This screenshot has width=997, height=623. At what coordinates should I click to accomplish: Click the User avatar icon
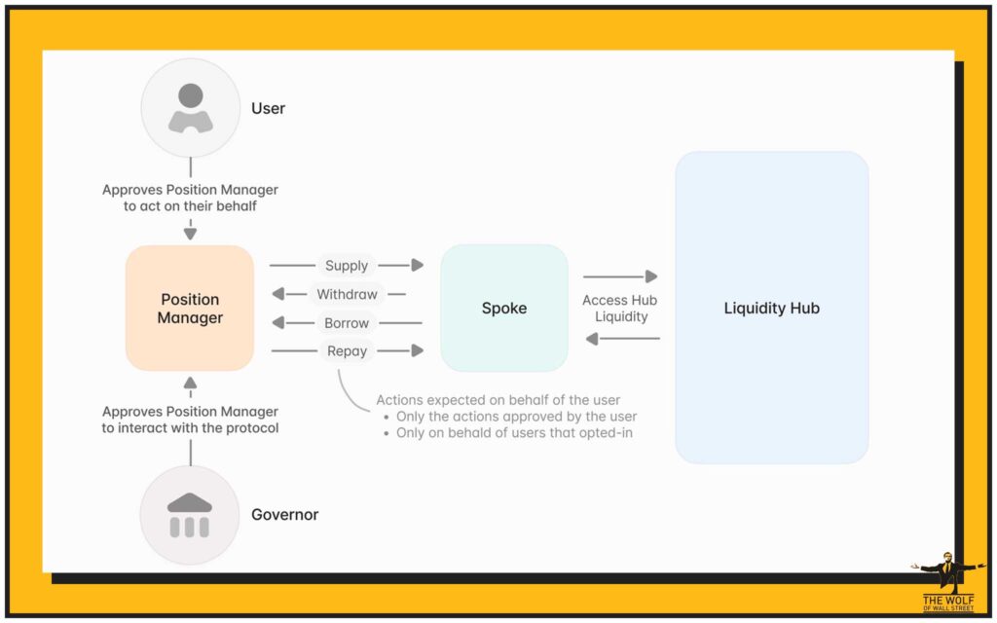(191, 108)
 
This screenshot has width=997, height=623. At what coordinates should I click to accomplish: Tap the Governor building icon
(190, 515)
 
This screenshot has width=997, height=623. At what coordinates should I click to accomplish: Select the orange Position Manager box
(190, 309)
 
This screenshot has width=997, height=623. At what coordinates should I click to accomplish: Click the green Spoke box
(504, 309)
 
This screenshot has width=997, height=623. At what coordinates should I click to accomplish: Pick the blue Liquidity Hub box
(771, 309)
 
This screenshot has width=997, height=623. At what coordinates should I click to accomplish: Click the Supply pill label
(347, 265)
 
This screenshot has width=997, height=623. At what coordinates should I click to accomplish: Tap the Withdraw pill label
(347, 294)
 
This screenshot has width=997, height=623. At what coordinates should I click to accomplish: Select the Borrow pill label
(347, 322)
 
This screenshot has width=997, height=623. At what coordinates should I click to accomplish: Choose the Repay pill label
(347, 350)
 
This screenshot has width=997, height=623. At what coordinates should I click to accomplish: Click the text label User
(268, 108)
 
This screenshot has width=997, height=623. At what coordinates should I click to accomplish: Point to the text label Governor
(284, 515)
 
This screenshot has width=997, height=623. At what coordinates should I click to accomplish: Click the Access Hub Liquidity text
(621, 309)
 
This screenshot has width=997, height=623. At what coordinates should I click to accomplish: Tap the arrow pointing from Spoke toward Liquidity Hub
(621, 277)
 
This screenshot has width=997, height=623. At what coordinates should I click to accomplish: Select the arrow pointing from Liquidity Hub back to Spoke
(621, 339)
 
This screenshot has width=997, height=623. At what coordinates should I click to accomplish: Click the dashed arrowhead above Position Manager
(190, 235)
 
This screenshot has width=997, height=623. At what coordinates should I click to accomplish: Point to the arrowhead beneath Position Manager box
(190, 381)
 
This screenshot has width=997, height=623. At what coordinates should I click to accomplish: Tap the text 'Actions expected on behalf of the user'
(498, 400)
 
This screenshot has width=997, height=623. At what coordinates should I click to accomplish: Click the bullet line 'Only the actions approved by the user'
(516, 417)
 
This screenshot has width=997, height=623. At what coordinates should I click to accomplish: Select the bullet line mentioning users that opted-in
(514, 432)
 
